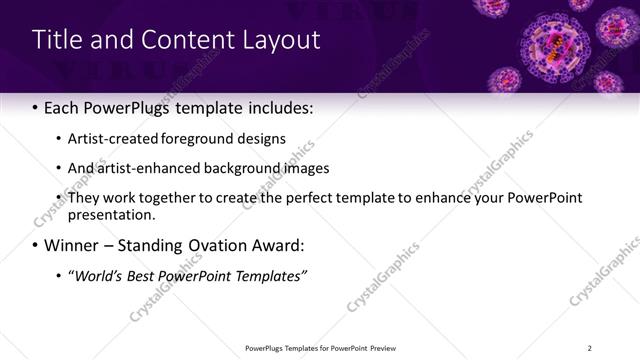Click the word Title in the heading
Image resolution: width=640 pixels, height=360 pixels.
point(57,40)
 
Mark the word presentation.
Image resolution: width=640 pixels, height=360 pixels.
point(112,214)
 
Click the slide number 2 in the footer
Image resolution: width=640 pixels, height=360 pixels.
point(590,348)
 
